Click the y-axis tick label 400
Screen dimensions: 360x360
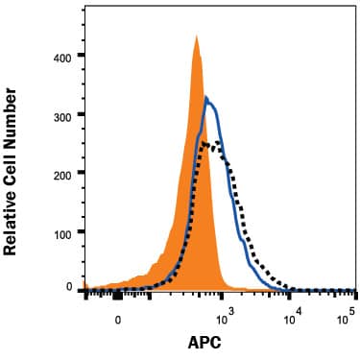(x=61, y=58)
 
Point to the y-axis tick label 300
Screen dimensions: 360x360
(x=61, y=115)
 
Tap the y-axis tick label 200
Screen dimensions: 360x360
(x=61, y=175)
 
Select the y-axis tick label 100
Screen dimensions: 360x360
(x=61, y=233)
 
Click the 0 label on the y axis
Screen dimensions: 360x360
(x=68, y=287)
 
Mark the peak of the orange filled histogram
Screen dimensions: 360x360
(x=196, y=36)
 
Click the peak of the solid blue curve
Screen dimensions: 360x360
(x=205, y=96)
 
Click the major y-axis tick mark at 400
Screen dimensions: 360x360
(x=81, y=57)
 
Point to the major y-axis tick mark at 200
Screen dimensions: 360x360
(x=81, y=174)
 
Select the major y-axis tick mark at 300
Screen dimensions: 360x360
(x=81, y=115)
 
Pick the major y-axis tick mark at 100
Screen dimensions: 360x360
(x=81, y=232)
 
